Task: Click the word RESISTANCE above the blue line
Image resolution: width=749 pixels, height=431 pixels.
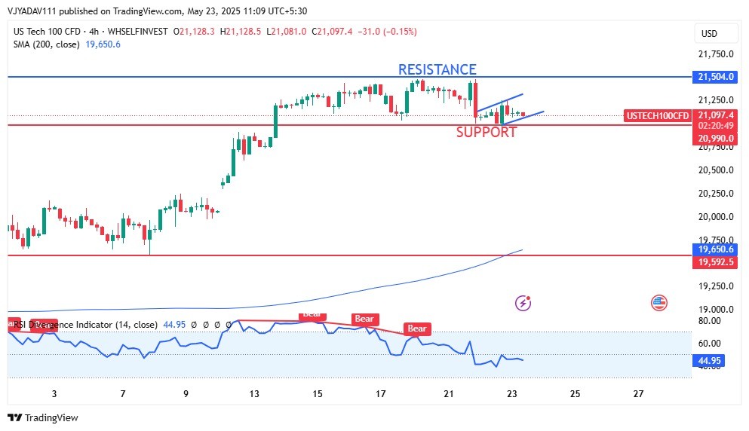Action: click(x=437, y=69)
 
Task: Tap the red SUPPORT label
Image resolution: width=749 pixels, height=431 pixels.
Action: click(x=487, y=133)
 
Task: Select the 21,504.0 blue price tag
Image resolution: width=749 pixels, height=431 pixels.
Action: click(x=714, y=77)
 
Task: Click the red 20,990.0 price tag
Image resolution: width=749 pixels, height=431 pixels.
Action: click(x=714, y=138)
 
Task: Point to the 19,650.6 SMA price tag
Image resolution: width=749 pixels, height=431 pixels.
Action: click(x=714, y=249)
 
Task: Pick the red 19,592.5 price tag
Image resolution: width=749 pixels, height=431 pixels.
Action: click(x=714, y=261)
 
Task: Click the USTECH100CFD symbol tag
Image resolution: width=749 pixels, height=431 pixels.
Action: click(x=657, y=115)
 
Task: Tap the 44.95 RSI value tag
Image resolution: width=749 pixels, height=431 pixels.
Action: click(x=709, y=361)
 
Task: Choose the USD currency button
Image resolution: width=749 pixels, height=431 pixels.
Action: click(x=709, y=34)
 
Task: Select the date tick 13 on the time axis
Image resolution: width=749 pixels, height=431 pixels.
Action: click(x=255, y=394)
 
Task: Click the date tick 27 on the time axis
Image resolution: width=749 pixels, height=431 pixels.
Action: click(x=638, y=394)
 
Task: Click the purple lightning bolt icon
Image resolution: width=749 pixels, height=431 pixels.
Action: click(x=523, y=303)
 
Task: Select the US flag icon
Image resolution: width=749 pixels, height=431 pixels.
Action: click(x=658, y=303)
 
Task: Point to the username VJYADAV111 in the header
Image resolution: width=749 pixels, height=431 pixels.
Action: click(x=35, y=11)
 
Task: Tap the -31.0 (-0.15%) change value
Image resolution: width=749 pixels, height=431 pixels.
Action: click(x=388, y=32)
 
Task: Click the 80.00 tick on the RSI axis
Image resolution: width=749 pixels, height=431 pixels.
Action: click(x=709, y=321)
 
